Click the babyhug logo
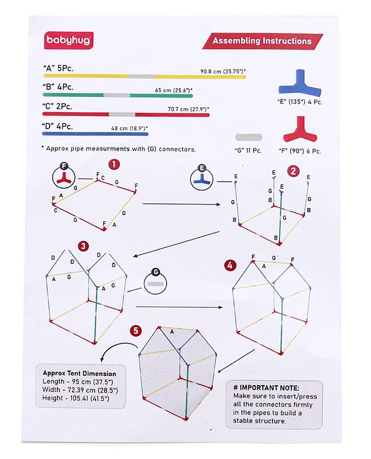pos(69,40)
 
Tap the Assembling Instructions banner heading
pos(262,41)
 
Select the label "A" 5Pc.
pos(58,68)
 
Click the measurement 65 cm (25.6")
pos(174,90)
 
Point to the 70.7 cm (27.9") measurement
pos(188,109)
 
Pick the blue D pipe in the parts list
pos(95,134)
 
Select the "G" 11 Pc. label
pos(248,150)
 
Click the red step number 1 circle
pos(114,164)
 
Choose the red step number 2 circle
pos(293,171)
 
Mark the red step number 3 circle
pos(83,246)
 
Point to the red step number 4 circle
pos(230,265)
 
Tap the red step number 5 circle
pos(136,331)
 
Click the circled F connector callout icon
pos(64,177)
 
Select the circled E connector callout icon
pos(202,179)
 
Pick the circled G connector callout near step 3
pos(155,283)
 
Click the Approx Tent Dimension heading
pos(80,374)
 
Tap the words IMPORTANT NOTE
pos(269,388)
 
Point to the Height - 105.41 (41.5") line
pos(76,398)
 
